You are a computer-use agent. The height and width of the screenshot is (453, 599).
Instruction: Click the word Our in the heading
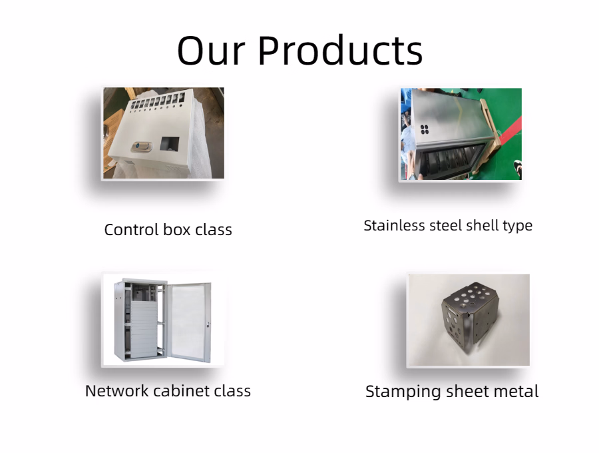(211, 51)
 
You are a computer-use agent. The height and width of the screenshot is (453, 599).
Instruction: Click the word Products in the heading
(341, 51)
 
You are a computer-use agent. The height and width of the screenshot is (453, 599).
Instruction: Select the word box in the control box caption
(177, 230)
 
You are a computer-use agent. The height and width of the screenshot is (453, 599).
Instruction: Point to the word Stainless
(395, 226)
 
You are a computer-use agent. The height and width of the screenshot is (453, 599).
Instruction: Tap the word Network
(117, 391)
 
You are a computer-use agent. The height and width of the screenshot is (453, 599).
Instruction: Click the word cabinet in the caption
(181, 391)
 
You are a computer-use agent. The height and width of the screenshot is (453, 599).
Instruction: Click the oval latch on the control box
(142, 147)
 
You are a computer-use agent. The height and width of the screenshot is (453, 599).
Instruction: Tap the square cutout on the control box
(170, 144)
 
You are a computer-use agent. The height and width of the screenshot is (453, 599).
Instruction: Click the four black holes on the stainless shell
(425, 130)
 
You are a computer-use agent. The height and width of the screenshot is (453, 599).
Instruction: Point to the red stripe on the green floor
(509, 130)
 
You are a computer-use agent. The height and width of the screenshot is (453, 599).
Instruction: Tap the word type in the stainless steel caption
(518, 226)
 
